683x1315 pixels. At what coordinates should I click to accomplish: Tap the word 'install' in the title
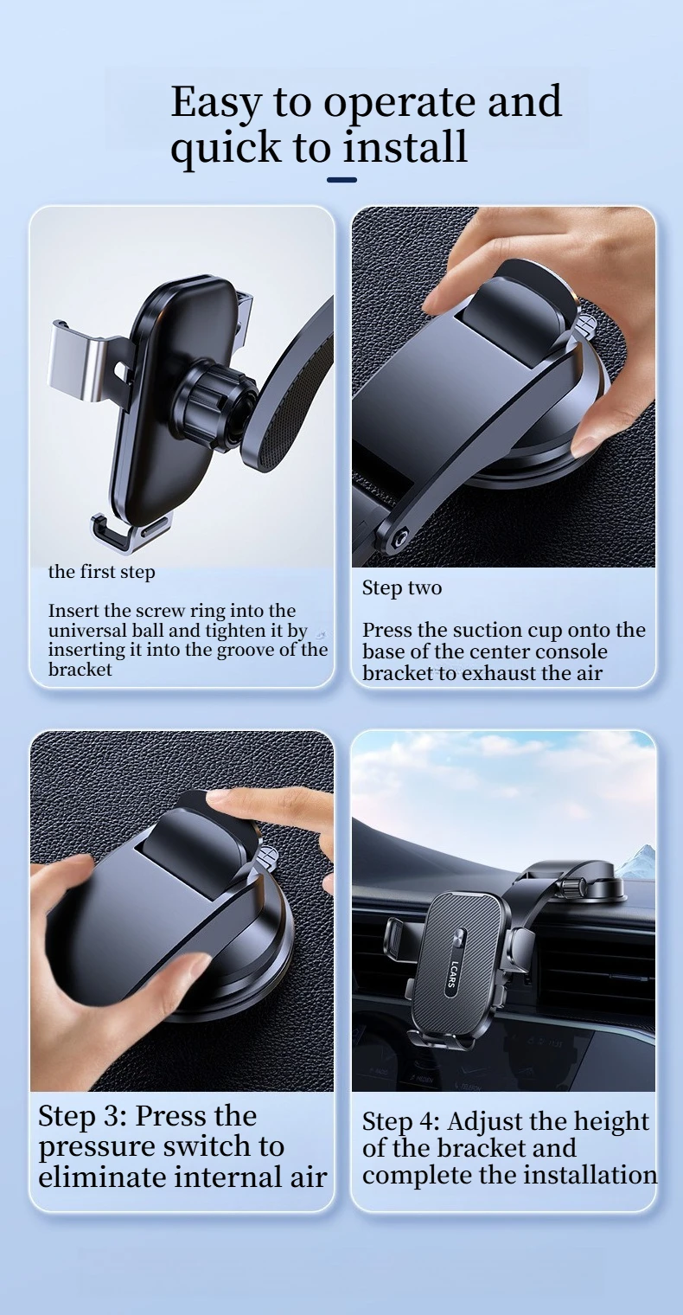pos(405,147)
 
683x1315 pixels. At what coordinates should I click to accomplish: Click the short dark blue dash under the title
pos(341,180)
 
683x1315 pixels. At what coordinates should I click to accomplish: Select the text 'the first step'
pos(101,573)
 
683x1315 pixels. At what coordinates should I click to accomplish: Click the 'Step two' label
pos(402,588)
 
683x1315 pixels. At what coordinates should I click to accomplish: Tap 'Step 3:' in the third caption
pos(82,1117)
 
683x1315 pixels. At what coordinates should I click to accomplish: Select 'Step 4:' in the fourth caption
pos(401,1122)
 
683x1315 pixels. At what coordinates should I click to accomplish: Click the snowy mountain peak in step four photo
pos(643,852)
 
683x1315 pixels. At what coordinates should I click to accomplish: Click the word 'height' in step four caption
pos(611,1122)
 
